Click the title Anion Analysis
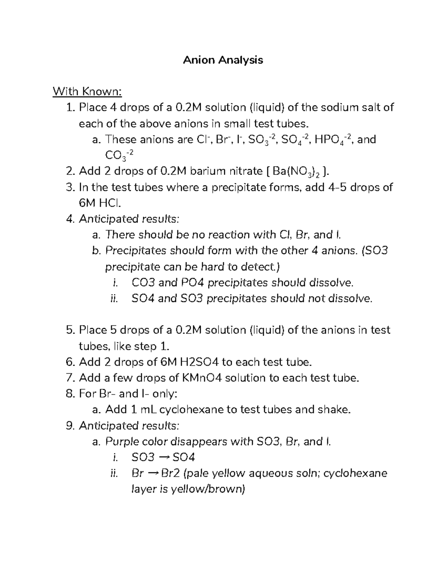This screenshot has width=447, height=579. [x=223, y=60]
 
